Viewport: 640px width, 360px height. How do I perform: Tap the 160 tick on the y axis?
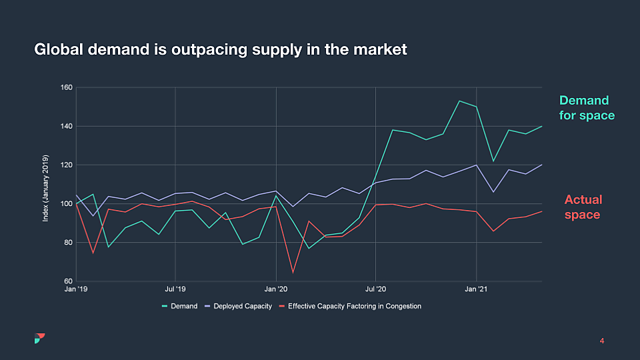[66, 87]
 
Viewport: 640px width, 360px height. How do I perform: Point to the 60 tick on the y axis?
[68, 281]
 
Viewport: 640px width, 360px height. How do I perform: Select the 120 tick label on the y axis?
[66, 165]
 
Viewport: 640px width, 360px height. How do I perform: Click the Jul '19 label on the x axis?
[175, 289]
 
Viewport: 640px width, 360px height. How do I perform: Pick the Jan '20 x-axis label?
[275, 289]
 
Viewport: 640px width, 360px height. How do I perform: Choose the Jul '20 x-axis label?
[375, 289]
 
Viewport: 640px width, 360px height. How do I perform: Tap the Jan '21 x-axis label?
[475, 289]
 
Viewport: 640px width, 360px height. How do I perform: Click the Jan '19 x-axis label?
[75, 289]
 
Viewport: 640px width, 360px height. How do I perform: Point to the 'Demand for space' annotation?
[586, 108]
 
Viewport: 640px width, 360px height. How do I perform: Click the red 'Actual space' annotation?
[583, 207]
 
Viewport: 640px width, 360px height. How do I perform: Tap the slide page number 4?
[602, 341]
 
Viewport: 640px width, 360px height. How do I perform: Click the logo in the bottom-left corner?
[39, 338]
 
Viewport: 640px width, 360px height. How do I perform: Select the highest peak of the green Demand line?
[459, 101]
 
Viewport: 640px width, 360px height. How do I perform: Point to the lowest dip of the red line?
[293, 272]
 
